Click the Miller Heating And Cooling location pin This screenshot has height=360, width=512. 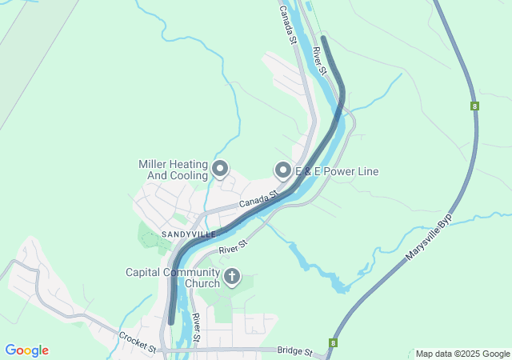coord(221,170)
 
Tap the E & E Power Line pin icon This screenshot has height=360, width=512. coord(282,170)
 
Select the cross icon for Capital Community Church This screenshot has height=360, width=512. coord(232,278)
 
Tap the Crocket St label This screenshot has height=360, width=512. coord(137,342)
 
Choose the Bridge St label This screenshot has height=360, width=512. coord(294,350)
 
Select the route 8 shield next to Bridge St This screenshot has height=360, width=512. coord(333,342)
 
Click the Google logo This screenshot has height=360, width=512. coord(26,350)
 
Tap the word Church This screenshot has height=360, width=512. coord(202,283)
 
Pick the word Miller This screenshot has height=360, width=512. coord(153,164)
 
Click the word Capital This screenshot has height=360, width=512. coord(145,272)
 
